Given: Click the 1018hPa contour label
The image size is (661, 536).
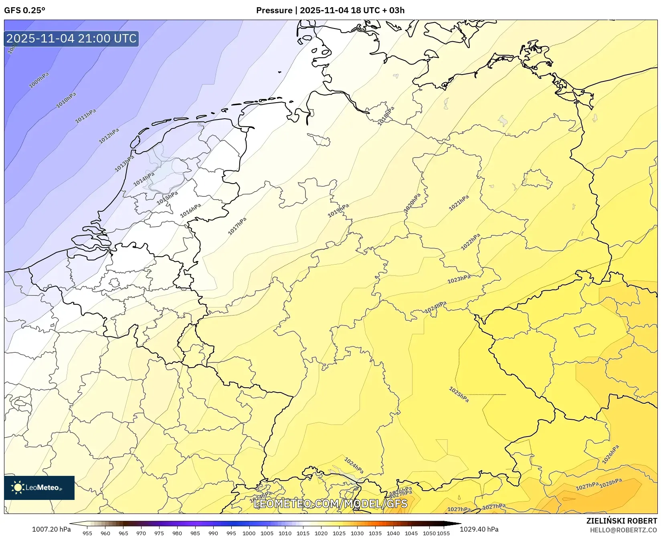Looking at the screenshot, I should click(386, 116).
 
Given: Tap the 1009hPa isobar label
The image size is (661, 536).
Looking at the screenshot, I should click(39, 80).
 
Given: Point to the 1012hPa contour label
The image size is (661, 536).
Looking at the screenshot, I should click(109, 136).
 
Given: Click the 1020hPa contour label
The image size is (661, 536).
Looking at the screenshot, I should click(412, 203).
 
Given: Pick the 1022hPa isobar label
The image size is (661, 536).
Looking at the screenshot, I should click(470, 242).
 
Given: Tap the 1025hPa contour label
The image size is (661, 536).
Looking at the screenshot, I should click(459, 394).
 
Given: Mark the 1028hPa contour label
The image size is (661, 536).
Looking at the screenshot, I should click(610, 483).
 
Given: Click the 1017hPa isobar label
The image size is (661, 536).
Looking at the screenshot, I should click(237, 226).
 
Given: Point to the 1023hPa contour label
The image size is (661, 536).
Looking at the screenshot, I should click(459, 279).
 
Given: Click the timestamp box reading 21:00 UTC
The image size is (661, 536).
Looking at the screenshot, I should click(71, 38).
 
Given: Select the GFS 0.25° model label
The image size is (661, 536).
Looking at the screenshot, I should click(24, 10).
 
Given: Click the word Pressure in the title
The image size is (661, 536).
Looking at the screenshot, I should click(274, 10).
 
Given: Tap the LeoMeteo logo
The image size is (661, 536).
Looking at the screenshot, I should click(39, 487).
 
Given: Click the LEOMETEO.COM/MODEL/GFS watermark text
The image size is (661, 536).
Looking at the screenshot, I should click(330, 504).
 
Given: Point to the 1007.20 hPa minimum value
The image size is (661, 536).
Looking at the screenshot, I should click(51, 529).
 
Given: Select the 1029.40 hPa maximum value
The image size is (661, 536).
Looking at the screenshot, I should click(479, 529).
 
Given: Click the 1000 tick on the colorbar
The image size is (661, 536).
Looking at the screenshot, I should click(249, 533).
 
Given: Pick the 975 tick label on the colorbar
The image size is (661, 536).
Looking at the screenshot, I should click(159, 533).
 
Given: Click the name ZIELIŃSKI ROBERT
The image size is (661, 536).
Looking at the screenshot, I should click(621, 521).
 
